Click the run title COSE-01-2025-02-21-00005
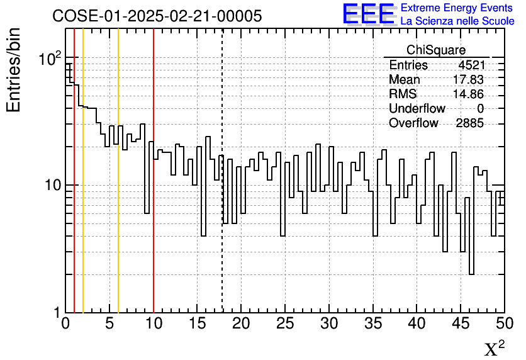point(157,16)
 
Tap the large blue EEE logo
point(369,14)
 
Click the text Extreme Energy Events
point(457,8)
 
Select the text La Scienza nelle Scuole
point(457,21)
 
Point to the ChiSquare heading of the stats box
point(436,50)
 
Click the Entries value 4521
point(471,65)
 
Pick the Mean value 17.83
point(469,80)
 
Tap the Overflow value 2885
point(469,123)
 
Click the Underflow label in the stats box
point(417,109)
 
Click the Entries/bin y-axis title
point(14,70)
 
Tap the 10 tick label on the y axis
point(51,186)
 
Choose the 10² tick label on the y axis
point(50,60)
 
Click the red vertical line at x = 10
point(154,189)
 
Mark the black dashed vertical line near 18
point(222,189)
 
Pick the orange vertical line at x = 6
point(118,189)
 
